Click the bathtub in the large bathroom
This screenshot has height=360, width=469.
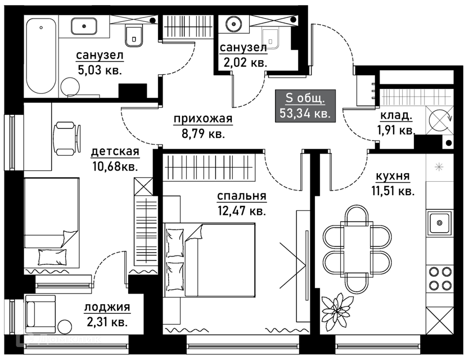(x=42, y=56)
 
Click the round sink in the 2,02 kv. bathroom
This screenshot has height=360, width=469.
(x=233, y=24)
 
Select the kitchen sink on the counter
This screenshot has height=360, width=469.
(x=439, y=223)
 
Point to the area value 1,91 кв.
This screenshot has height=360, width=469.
(x=396, y=130)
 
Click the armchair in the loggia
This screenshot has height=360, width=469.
(x=39, y=317)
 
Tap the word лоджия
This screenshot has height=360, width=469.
(x=107, y=307)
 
